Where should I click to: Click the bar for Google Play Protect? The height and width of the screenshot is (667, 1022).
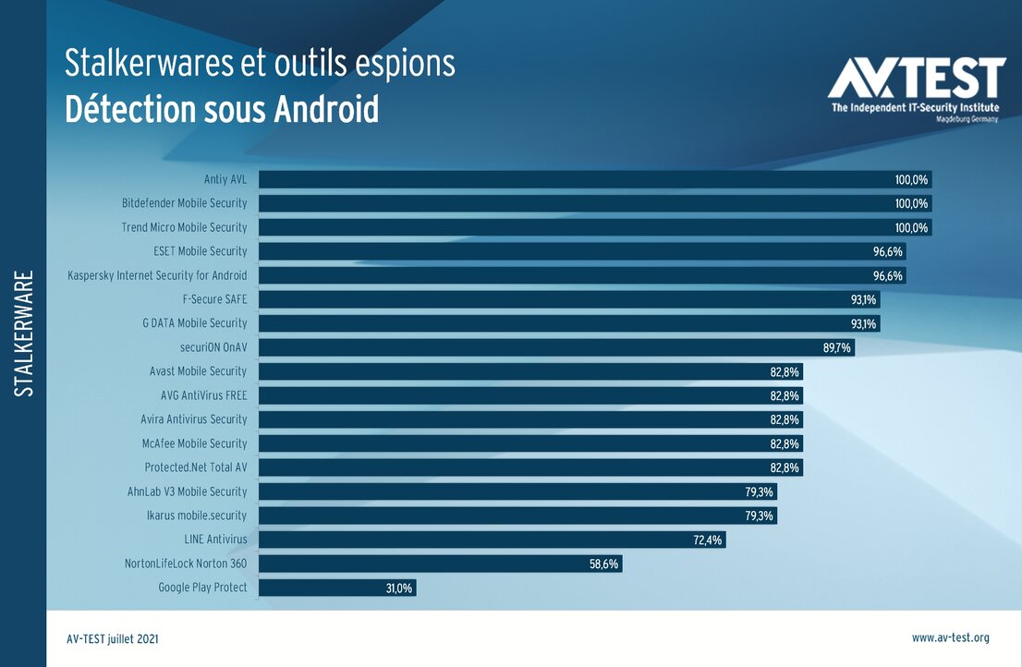[337, 588]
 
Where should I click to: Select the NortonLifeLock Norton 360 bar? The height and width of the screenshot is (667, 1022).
[440, 564]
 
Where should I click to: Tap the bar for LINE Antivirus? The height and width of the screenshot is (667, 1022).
[492, 540]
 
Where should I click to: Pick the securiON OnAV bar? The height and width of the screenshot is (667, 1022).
[556, 347]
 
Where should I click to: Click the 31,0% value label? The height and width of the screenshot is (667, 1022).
[399, 588]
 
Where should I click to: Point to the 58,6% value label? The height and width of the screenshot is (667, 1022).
[604, 564]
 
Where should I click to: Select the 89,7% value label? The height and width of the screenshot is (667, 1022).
[837, 347]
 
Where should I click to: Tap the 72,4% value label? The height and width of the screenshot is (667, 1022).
[708, 540]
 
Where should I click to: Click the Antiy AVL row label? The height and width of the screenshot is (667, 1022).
[225, 179]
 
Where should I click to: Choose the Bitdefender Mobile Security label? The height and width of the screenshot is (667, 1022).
[185, 203]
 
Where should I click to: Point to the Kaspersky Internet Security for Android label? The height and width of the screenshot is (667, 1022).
[157, 275]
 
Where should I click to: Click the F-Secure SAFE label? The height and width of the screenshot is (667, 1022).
[215, 299]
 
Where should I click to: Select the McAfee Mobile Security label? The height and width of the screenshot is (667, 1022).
[194, 443]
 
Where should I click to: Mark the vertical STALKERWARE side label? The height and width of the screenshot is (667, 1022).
[25, 333]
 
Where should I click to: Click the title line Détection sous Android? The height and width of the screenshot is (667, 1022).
[222, 110]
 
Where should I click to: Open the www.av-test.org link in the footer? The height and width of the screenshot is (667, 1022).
[950, 637]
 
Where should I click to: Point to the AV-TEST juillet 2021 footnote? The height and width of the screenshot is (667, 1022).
[118, 638]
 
